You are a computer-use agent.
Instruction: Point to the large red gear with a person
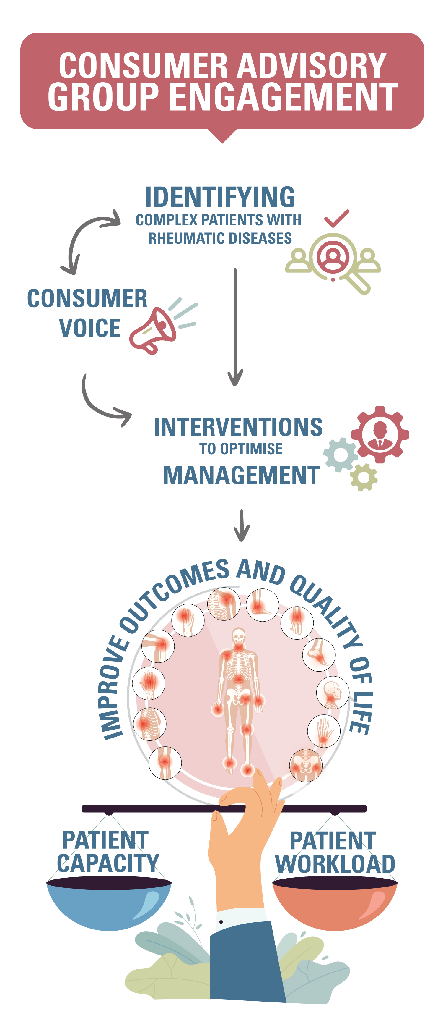(x=380, y=434)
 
